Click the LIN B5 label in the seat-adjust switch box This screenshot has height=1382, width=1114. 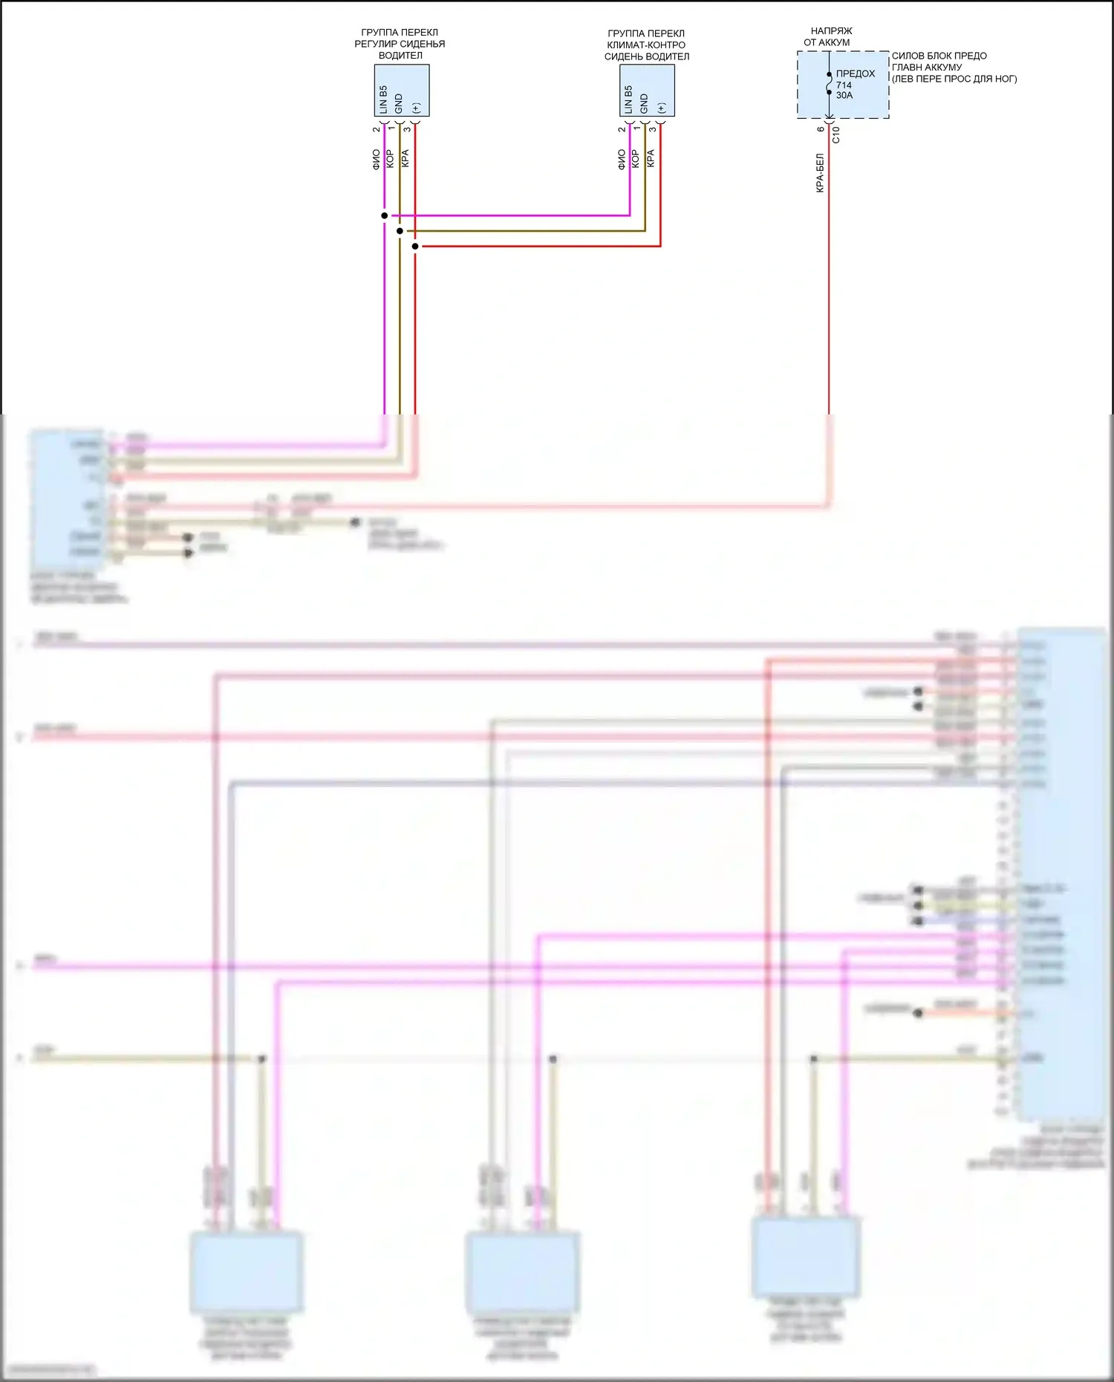383,99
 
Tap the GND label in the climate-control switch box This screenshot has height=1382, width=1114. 644,103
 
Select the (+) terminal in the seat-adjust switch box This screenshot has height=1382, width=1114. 416,108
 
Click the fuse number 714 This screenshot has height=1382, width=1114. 844,85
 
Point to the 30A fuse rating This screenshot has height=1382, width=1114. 844,95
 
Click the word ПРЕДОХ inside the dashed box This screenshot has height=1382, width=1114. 856,74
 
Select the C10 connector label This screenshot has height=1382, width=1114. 836,134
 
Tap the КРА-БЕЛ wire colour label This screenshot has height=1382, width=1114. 820,173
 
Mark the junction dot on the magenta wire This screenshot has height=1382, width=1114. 385,216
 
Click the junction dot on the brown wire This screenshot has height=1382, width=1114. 400,231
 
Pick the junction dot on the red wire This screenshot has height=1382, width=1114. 415,247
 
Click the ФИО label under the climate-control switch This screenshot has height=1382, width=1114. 622,159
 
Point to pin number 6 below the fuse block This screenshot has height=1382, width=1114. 821,129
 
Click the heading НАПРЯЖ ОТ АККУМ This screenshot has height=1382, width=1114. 830,36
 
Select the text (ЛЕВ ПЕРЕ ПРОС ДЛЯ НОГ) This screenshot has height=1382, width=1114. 954,79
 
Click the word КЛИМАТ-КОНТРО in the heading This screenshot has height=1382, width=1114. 646,45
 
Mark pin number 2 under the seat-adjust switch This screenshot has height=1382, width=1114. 377,129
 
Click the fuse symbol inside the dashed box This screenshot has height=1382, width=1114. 830,83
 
